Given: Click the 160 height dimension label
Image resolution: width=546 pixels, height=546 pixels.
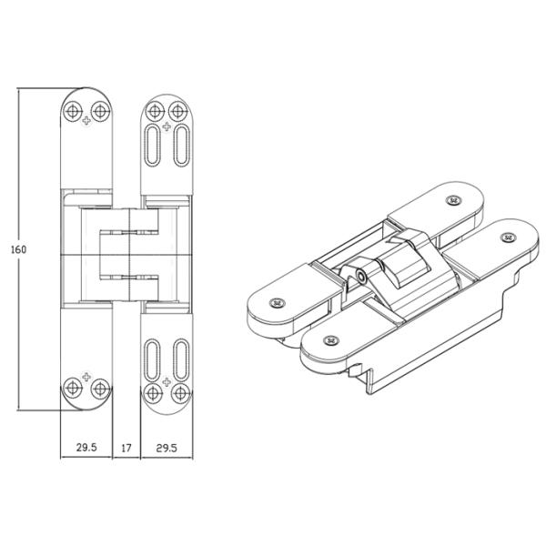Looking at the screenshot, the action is click(18, 249).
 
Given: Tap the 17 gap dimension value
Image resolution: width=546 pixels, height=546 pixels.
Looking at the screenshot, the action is click(126, 448).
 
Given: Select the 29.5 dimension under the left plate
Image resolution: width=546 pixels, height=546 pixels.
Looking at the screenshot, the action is click(86, 448).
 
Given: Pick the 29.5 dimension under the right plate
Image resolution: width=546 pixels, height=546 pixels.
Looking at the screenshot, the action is click(167, 448).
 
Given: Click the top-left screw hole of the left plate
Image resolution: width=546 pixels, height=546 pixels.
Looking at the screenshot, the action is click(73, 111).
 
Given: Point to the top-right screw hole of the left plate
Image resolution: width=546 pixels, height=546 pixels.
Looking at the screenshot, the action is click(100, 111).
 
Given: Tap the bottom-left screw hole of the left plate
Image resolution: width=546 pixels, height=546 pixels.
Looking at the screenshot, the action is click(73, 388).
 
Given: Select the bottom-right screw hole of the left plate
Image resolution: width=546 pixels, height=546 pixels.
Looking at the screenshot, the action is click(100, 388).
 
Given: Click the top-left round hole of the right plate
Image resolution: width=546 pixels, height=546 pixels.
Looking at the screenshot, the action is click(155, 111).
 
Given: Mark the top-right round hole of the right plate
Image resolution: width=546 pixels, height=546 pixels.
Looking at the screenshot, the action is click(178, 111).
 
